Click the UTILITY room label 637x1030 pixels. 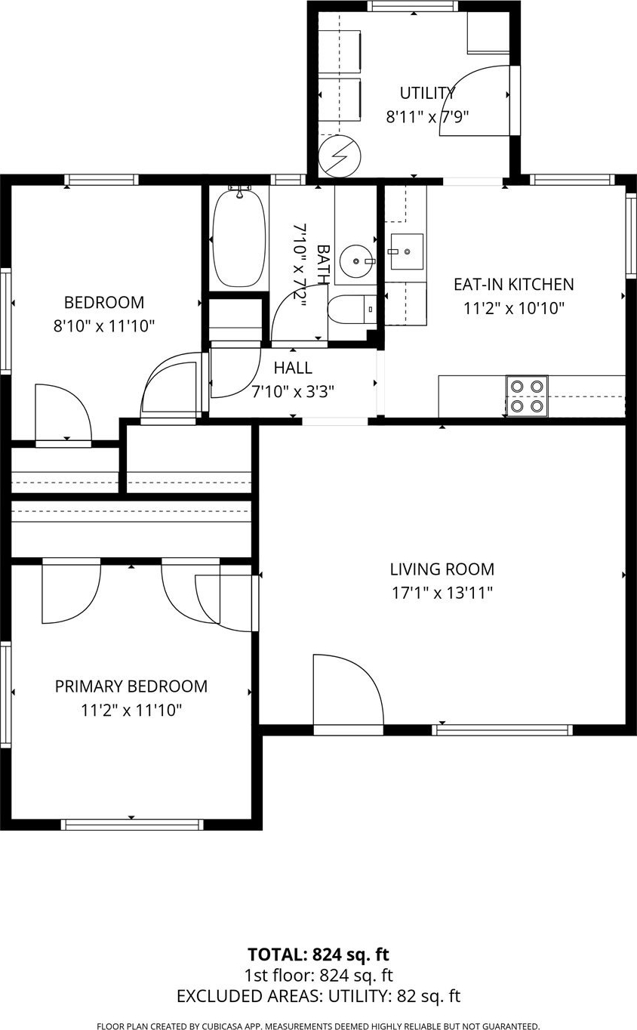coord(427,94)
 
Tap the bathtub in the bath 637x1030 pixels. coord(239,238)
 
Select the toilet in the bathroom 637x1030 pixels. coord(352,310)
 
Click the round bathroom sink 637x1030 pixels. coord(356,261)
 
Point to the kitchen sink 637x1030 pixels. coord(407,251)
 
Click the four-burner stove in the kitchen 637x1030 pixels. coord(527,396)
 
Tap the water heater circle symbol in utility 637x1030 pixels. coord(340,156)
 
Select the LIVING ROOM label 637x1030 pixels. coord(442,569)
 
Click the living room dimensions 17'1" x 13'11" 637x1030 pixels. coord(442,593)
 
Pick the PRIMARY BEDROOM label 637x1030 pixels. coord(131,686)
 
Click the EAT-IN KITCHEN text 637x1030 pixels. coord(514,285)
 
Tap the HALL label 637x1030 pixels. coord(294,368)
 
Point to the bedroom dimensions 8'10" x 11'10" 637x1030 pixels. coord(104,326)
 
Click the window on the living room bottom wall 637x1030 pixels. coord(503,729)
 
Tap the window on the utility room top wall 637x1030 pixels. coord(413,6)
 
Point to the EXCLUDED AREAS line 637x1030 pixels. coord(318,996)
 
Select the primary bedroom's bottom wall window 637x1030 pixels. coord(132,825)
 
